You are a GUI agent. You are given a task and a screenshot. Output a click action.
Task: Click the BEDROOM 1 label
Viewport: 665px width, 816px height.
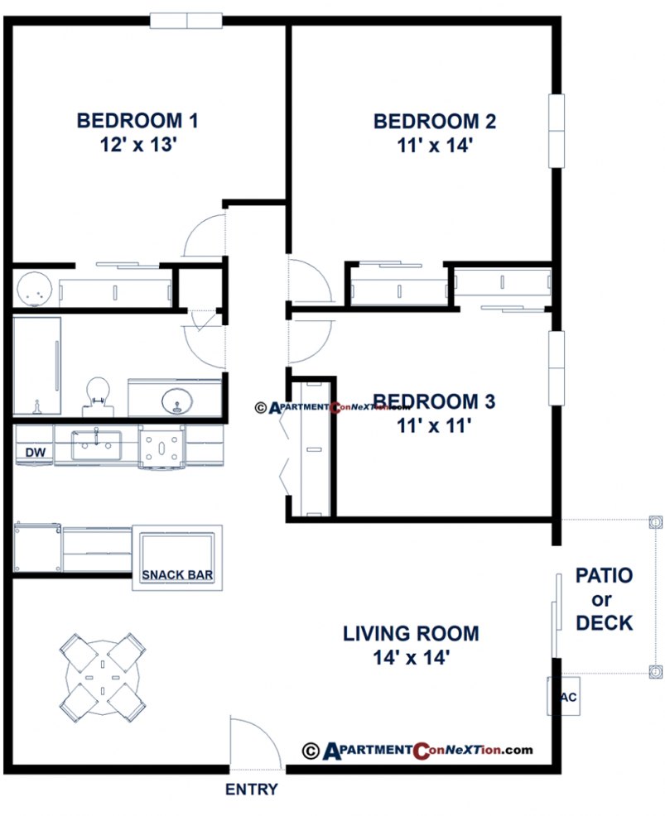(x=137, y=121)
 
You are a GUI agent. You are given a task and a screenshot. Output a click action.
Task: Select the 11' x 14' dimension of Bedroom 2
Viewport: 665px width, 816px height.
(x=435, y=146)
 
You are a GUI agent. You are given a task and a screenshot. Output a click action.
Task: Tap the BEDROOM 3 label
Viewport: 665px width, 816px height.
(x=434, y=402)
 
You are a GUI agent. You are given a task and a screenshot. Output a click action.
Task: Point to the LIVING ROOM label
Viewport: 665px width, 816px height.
(x=411, y=634)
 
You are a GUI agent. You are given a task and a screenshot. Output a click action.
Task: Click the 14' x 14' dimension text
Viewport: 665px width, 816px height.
(x=411, y=658)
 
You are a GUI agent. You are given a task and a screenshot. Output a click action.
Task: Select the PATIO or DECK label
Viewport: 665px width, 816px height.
(x=604, y=598)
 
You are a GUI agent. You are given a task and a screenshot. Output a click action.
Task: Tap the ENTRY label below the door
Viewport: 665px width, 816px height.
(x=252, y=790)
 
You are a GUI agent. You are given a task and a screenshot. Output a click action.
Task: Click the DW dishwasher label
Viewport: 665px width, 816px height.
(x=35, y=453)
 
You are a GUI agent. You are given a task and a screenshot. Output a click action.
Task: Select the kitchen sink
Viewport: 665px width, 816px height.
(x=96, y=445)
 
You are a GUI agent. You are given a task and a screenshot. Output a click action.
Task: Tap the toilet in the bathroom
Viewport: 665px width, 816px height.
(x=98, y=392)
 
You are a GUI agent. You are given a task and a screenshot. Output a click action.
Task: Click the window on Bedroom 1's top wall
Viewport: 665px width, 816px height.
(x=186, y=20)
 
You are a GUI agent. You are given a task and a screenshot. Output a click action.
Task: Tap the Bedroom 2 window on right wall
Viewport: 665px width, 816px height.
(x=556, y=131)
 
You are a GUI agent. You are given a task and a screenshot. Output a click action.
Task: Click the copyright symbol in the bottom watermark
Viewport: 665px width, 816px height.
(x=311, y=751)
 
